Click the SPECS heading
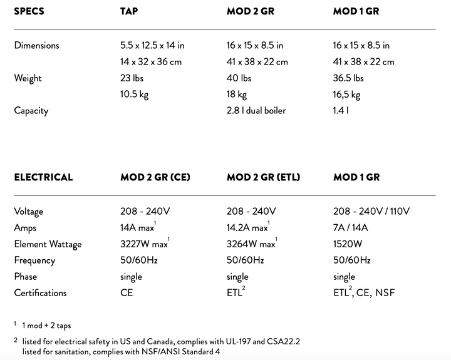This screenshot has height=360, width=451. click(x=29, y=11)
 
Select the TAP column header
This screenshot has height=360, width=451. click(x=130, y=11)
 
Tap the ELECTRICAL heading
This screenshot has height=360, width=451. click(x=43, y=177)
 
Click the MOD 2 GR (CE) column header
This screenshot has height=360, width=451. click(x=155, y=177)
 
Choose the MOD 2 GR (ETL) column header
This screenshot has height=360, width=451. click(x=263, y=177)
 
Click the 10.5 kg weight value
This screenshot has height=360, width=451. click(x=134, y=95)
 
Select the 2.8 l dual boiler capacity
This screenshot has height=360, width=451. click(x=256, y=111)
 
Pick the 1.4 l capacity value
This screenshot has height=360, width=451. click(x=341, y=111)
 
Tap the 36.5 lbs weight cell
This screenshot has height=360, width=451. click(x=348, y=78)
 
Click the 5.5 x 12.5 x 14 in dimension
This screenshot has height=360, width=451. click(x=152, y=45)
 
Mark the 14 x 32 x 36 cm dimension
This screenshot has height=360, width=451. click(x=151, y=61)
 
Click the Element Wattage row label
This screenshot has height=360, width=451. click(x=48, y=244)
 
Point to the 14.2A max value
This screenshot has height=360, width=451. click(x=249, y=228)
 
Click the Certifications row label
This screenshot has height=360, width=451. click(x=40, y=292)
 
